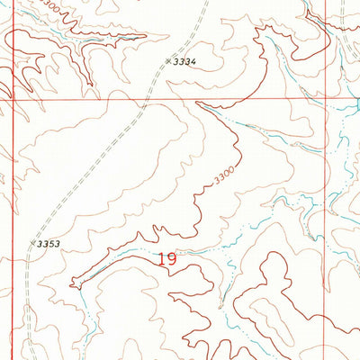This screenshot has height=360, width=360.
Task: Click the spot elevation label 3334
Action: pyautogui.click(x=184, y=61)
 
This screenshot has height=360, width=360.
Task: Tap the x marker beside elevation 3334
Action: pyautogui.click(x=168, y=61)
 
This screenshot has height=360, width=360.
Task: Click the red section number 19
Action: pyautogui.click(x=166, y=260)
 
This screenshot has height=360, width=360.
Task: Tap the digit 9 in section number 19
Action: pyautogui.click(x=171, y=260)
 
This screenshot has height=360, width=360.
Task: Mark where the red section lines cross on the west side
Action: pyautogui.click(x=13, y=100)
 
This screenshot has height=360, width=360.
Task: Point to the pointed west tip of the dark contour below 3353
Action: pyautogui.click(x=72, y=282)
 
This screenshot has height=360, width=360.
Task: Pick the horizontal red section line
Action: pyautogui.click(x=90, y=100)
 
